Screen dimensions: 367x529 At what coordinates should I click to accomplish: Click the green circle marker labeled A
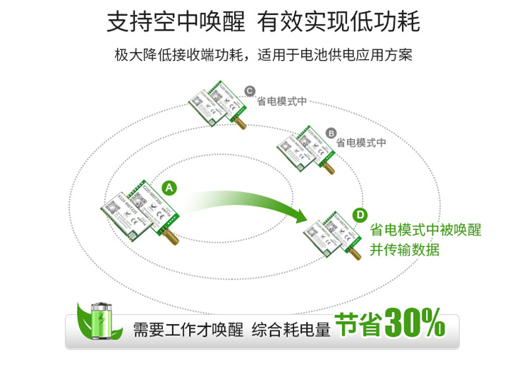(169, 188)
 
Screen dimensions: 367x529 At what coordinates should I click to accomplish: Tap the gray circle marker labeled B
(331, 133)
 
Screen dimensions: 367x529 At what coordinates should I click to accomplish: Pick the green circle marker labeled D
(360, 215)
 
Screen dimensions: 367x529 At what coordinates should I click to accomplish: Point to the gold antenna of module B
(327, 169)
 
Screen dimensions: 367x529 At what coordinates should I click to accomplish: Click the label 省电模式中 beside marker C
(282, 101)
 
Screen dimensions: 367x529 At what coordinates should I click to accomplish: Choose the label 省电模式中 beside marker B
(362, 142)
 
